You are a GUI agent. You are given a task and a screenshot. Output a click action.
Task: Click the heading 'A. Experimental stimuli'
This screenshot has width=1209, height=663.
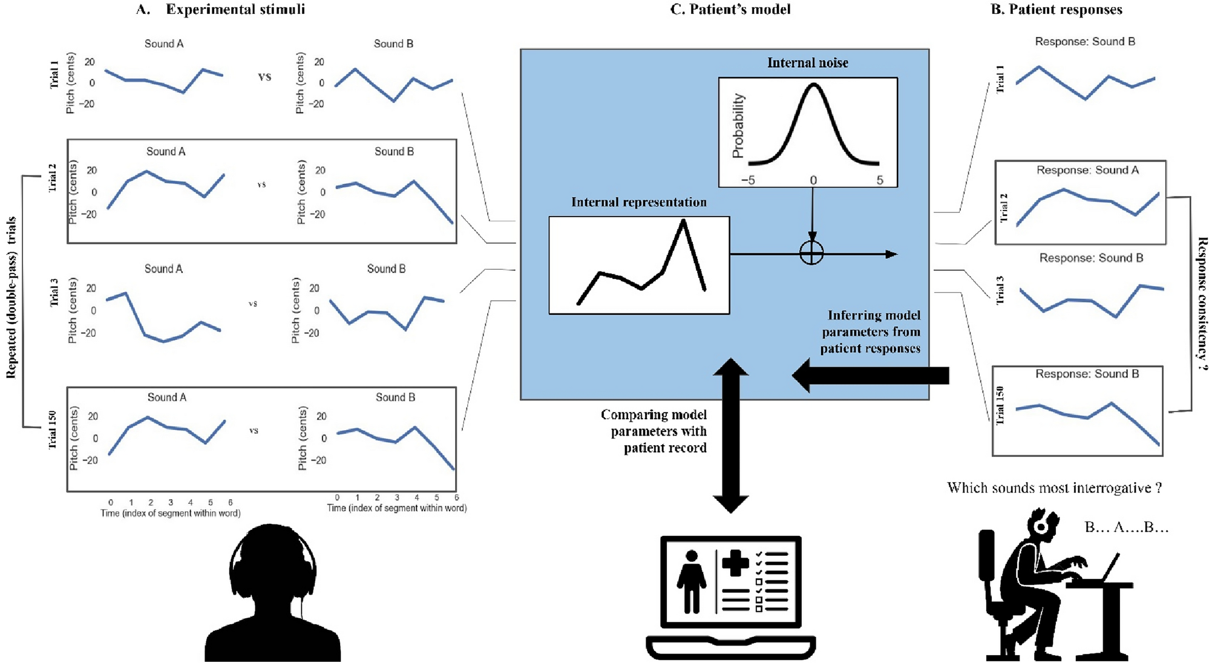[x=221, y=9]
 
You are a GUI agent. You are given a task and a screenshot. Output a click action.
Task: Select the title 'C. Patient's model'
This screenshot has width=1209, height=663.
[x=730, y=9]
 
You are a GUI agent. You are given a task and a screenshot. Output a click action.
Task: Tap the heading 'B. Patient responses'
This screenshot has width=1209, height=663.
[x=1057, y=9]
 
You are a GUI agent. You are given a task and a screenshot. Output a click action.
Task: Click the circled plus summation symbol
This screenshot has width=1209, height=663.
[x=811, y=253]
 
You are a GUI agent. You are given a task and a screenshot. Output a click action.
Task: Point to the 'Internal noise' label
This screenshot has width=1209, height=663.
[x=807, y=63]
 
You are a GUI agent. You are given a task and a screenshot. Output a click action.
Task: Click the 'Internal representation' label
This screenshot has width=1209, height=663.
[x=638, y=203]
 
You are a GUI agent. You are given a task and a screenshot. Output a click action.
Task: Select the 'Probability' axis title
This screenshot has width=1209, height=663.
[x=738, y=126]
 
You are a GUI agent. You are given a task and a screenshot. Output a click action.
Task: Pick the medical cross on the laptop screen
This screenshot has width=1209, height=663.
[x=735, y=563]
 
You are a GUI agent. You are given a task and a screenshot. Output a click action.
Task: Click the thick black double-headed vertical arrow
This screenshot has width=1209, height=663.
[x=730, y=436]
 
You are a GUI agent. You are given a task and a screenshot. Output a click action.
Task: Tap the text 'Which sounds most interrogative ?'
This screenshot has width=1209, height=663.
[x=1054, y=488]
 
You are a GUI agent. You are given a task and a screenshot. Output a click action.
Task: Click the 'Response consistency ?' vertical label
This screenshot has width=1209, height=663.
[x=1201, y=302]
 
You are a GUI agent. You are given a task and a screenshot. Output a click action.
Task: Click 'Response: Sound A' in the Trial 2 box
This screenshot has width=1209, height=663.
[x=1087, y=171]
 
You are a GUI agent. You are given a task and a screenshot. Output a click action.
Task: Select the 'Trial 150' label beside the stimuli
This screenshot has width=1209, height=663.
[x=53, y=429]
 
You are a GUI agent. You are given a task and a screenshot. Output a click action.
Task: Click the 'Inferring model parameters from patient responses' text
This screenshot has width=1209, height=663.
[x=871, y=332]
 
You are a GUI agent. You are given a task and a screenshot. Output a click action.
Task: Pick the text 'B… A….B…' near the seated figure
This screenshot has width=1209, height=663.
[x=1126, y=527]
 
